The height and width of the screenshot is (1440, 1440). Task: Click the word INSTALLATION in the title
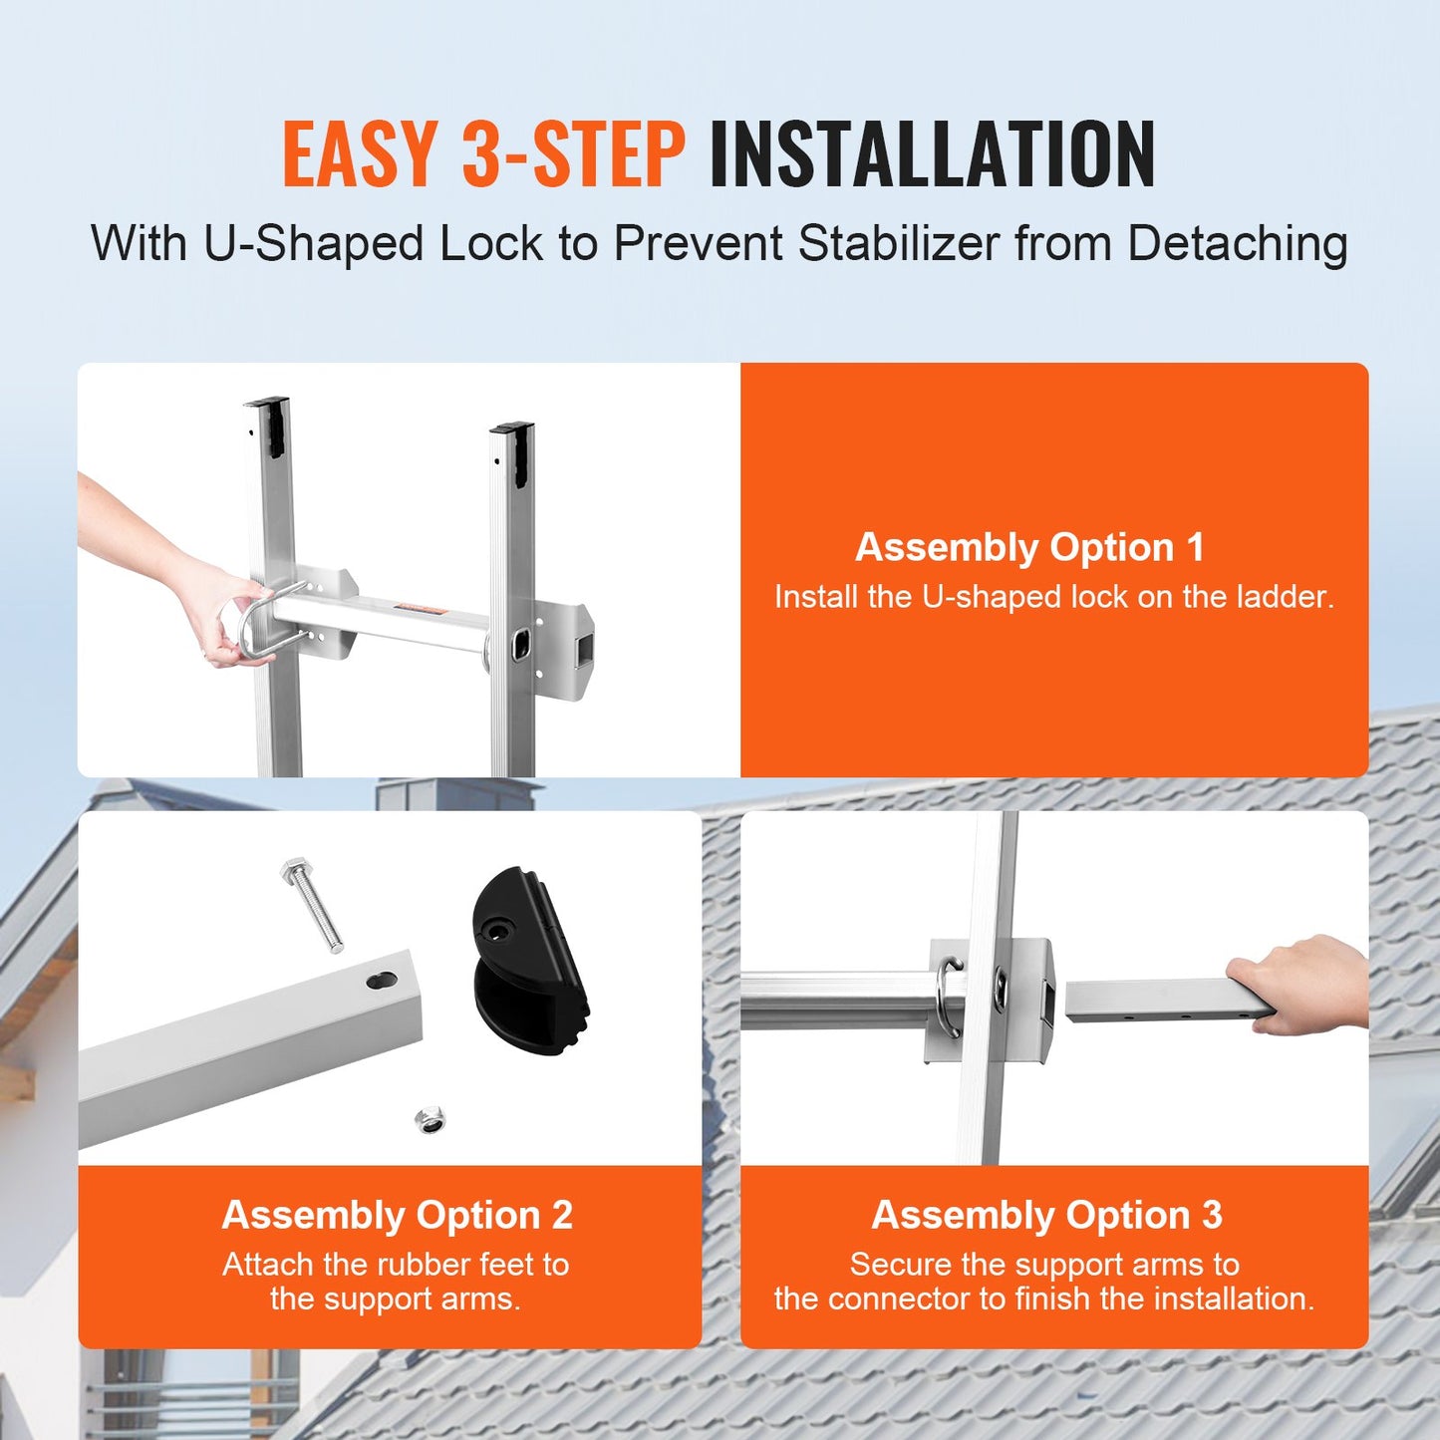pos(932,154)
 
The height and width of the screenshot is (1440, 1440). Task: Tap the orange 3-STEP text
pos(573,154)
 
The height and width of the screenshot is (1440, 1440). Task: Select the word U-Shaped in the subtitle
pos(314,244)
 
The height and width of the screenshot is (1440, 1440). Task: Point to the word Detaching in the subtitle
pos(1238,244)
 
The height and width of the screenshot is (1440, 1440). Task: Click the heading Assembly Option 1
pos(1029,547)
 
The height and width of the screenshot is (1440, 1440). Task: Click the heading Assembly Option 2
pos(397,1215)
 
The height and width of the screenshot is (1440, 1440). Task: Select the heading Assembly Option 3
pos(1046,1215)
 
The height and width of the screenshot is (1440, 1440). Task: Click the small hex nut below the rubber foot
pos(431,1120)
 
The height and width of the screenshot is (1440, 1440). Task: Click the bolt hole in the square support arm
pos(381,981)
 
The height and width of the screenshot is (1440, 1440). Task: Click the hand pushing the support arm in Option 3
pos(1300,982)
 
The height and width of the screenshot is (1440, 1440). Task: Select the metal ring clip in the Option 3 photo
pos(951,997)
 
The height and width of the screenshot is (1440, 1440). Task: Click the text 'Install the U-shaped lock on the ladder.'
pos(1053,597)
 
